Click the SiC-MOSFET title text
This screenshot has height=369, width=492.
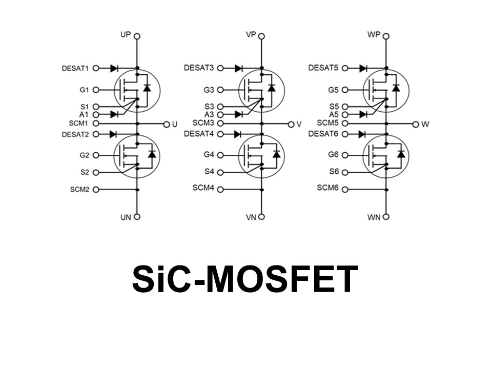[245, 280]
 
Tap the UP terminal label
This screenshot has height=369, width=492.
[125, 35]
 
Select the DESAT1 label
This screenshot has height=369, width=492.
[75, 68]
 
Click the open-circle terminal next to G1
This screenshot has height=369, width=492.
[96, 90]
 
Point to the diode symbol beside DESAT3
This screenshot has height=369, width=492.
[239, 68]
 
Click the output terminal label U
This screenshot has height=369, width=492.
[175, 125]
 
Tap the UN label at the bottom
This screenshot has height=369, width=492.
[126, 217]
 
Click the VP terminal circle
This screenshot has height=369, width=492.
[261, 36]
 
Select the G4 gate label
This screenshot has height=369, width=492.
[209, 154]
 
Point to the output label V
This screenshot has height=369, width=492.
[299, 125]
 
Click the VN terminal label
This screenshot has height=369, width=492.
[251, 217]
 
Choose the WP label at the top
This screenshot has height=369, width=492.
[374, 35]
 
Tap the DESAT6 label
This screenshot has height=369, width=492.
[324, 134]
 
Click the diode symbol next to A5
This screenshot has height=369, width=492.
[363, 114]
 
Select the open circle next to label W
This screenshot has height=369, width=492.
[416, 125]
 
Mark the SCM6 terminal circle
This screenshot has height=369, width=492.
[344, 189]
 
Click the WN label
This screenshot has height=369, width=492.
[374, 217]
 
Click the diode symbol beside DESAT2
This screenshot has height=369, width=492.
[114, 134]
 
